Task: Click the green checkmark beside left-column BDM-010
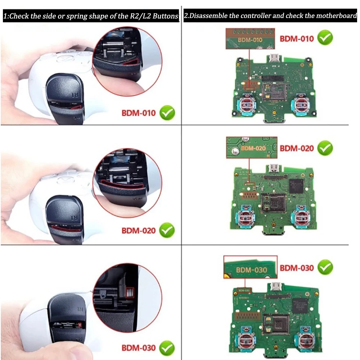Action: pos(167,113)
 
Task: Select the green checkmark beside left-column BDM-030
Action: pos(167,348)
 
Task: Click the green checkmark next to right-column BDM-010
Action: pos(325,38)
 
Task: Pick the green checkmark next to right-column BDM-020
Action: pos(325,148)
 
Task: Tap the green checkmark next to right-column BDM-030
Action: pos(325,267)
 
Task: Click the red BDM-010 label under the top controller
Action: pos(138,113)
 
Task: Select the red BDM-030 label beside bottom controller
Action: pos(138,348)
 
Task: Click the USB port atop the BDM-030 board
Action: pos(277,287)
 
